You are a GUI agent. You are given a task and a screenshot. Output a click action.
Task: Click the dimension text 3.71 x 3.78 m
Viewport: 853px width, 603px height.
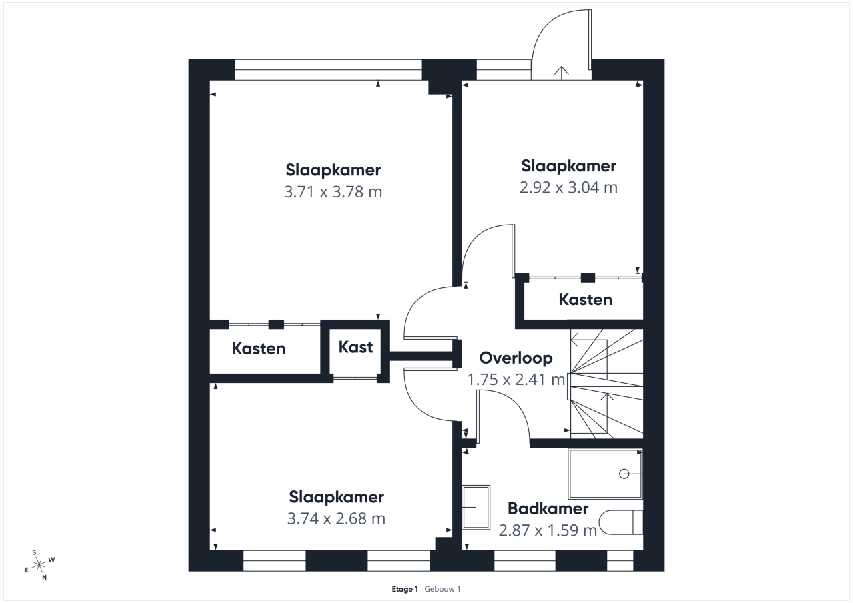(333, 191)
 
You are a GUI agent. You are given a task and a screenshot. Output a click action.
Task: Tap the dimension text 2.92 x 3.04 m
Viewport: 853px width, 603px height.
(568, 187)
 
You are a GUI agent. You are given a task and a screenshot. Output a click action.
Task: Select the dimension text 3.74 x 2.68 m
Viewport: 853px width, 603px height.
(336, 518)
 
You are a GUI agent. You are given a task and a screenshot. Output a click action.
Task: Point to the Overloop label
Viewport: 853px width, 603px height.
(516, 358)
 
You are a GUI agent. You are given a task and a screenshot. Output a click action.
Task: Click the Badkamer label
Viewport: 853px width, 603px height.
(548, 509)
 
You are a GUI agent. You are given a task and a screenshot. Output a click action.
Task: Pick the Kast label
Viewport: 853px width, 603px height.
(355, 347)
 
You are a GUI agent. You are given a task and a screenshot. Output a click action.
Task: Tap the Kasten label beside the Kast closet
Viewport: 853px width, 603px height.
(259, 348)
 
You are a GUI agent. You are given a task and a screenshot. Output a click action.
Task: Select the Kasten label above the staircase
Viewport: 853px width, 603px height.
(586, 300)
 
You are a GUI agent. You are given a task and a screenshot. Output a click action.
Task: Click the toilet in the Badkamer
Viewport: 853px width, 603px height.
(621, 522)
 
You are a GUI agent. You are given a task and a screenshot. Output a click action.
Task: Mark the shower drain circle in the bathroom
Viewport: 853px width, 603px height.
(624, 474)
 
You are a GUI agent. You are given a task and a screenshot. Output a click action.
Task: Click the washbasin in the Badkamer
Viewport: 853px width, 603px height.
(476, 508)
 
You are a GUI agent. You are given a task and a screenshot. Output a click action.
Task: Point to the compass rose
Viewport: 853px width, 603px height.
(39, 565)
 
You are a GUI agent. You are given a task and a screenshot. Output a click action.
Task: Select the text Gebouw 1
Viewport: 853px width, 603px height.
(442, 589)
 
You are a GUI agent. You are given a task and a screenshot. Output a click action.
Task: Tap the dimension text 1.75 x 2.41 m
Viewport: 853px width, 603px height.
(516, 380)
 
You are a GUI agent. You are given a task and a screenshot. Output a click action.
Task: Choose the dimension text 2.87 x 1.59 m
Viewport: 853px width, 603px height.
(548, 530)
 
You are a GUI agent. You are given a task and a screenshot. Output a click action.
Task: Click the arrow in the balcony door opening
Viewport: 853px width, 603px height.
(562, 73)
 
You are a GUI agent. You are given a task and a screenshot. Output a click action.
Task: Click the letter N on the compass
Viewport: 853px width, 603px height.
(45, 578)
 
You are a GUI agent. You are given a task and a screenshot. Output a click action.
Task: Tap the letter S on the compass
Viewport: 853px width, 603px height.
(34, 553)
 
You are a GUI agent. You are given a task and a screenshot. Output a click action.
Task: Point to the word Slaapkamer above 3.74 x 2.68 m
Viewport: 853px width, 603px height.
(336, 497)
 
